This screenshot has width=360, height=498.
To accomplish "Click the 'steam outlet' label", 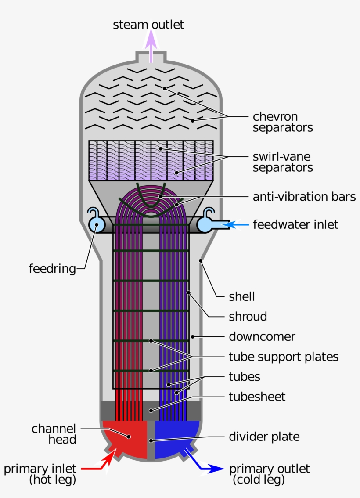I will pyautogui.click(x=148, y=25).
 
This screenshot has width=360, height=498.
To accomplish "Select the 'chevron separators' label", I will pyautogui.click(x=283, y=122).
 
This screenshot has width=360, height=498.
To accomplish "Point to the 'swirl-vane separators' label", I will pyautogui.click(x=283, y=162).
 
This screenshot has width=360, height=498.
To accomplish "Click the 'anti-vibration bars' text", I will pyautogui.click(x=304, y=197).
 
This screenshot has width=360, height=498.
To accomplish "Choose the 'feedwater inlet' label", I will pyautogui.click(x=295, y=225).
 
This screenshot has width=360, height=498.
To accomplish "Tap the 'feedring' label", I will pyautogui.click(x=52, y=269).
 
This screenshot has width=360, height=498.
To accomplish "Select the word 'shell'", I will pyautogui.click(x=241, y=296).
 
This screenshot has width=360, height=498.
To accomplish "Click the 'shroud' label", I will pyautogui.click(x=248, y=317).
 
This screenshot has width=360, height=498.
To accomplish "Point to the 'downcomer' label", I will pyautogui.click(x=262, y=337).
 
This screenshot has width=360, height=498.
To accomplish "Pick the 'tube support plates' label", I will pyautogui.click(x=284, y=357).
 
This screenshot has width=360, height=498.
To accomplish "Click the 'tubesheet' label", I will pyautogui.click(x=257, y=397).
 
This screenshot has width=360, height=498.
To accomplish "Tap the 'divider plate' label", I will pyautogui.click(x=264, y=437).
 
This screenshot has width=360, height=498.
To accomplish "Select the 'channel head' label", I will pyautogui.click(x=54, y=434).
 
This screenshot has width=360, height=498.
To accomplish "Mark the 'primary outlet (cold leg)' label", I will pyautogui.click(x=269, y=474).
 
